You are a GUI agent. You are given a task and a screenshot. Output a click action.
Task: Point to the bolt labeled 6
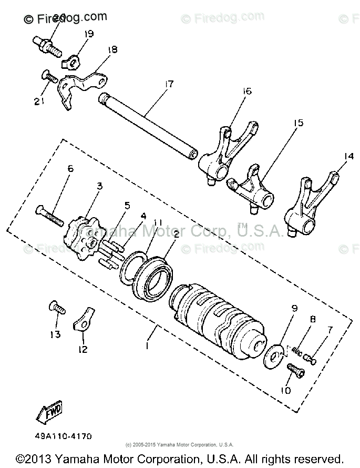click(50, 214)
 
